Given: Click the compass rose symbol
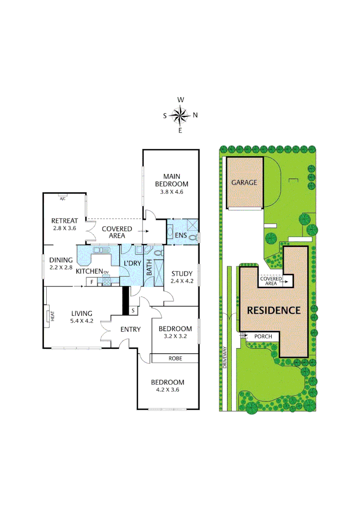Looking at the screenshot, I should [180, 115].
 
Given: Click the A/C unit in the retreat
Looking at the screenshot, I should [62, 198].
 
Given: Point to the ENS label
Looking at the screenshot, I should [180, 235].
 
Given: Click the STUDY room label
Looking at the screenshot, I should [182, 273].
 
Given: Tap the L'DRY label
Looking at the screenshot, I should [132, 263].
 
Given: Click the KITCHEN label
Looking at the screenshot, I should [90, 271].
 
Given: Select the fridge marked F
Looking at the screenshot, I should [91, 282].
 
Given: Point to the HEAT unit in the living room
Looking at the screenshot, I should [52, 315].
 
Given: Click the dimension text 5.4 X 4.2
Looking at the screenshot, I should [82, 321].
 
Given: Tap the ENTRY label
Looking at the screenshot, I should [130, 329].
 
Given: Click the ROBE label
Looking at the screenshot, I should [175, 358].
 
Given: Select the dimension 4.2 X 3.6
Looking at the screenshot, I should [167, 390].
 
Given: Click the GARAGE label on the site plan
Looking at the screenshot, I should [244, 182].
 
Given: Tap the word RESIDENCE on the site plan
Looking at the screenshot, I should [274, 310].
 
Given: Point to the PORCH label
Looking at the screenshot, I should [263, 337].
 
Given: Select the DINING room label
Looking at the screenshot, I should [60, 260].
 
